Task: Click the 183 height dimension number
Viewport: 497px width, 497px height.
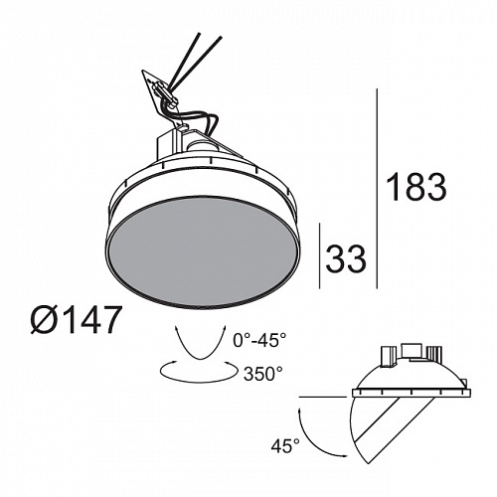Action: coord(416,187)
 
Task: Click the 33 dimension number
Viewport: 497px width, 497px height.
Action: coord(346,258)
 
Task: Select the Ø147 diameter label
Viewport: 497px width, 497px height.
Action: coord(75,319)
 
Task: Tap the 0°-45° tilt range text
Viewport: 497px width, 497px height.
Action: coord(259,340)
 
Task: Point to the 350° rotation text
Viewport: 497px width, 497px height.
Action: coord(263,374)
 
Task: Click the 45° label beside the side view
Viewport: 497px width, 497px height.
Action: coord(285,445)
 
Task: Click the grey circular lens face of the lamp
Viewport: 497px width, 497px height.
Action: coord(204,252)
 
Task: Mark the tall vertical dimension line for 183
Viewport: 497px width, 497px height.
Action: coord(377,189)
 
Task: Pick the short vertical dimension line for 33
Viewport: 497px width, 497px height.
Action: coord(319,255)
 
